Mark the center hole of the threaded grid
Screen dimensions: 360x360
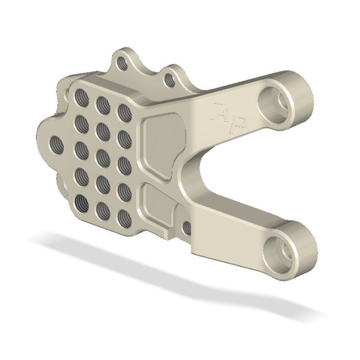102,155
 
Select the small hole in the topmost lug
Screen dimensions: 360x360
122,63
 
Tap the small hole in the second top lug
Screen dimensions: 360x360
167,79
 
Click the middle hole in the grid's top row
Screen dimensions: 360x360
101,103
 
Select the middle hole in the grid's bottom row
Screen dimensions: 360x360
102,209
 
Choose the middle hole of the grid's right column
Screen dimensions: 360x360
123,163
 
